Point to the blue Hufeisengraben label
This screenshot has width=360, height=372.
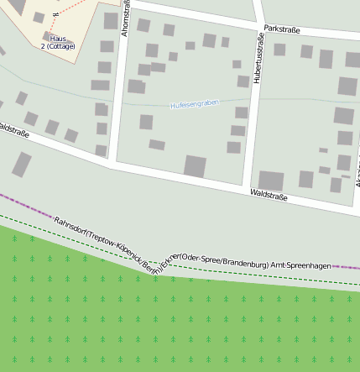(194, 103)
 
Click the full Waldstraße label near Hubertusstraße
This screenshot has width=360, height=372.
(269, 196)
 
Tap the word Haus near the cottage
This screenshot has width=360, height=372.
(58, 39)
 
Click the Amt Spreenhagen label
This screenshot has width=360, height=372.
(300, 265)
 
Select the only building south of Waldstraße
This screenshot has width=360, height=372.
(21, 164)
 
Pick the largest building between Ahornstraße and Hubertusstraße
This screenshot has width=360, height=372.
(195, 165)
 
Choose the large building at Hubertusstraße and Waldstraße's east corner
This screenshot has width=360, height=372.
(271, 181)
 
